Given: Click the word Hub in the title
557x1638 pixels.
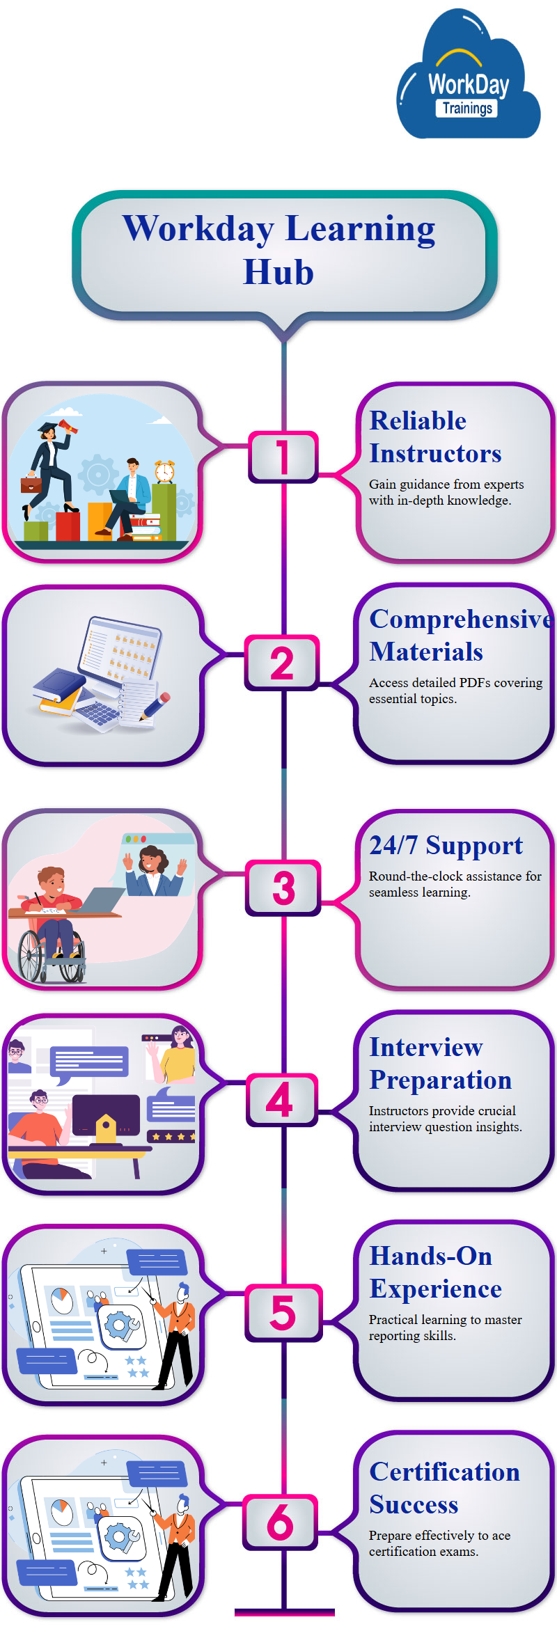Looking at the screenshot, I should (x=278, y=272).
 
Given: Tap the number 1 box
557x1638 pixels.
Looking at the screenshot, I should (x=283, y=457).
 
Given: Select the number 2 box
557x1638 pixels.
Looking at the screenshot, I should (x=282, y=663).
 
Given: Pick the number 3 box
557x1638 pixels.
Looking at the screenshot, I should (x=283, y=888).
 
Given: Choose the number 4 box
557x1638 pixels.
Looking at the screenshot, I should (x=281, y=1100).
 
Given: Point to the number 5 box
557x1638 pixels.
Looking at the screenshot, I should (x=283, y=1313).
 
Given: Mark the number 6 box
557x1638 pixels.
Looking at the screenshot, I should (x=281, y=1522).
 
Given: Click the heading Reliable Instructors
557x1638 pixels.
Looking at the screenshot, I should (x=434, y=437).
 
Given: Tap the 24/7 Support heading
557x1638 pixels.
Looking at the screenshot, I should (x=446, y=845).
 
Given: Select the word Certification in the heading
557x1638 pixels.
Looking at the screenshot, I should (x=444, y=1472).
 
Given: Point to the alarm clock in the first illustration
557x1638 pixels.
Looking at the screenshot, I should (x=165, y=471).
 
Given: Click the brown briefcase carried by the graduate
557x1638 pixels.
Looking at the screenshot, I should (x=31, y=484).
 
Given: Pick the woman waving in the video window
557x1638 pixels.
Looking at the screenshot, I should (x=153, y=867).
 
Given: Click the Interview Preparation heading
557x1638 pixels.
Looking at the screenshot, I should (x=440, y=1063).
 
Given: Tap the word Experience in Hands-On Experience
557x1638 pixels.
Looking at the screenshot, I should (x=435, y=1289).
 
